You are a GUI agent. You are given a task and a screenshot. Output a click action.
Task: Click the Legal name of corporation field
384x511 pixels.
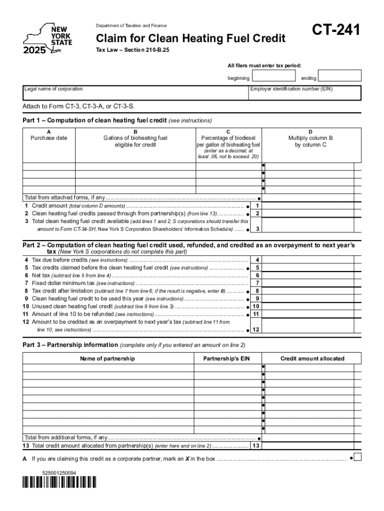coord(135,93)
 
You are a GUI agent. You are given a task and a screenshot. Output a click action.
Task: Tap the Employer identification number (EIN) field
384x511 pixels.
coord(305,93)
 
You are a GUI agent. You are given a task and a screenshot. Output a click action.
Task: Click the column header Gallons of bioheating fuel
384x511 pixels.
coord(135,141)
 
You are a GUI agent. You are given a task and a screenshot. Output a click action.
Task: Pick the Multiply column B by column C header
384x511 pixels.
coord(311,141)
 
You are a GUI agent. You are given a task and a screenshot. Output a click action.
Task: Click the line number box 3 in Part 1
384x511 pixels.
coord(257,229)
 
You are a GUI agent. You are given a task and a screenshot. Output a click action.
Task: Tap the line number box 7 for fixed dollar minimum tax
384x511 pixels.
coord(257,283)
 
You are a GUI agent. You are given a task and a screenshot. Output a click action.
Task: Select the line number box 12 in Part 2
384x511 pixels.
coord(256,330)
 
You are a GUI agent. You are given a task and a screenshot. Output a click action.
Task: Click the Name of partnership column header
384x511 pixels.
coord(108,359)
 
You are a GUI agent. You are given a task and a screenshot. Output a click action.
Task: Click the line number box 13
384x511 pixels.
coord(256,446)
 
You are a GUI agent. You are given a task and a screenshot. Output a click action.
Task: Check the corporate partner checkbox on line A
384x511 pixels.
coord(357,457)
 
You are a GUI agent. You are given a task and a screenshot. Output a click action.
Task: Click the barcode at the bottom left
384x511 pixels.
coord(59,482)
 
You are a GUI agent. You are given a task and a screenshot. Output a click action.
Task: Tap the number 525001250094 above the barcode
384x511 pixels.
coord(59,472)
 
